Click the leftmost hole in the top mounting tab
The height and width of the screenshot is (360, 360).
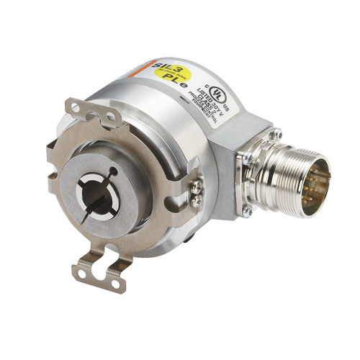71,107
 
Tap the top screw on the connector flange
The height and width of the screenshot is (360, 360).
275,132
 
